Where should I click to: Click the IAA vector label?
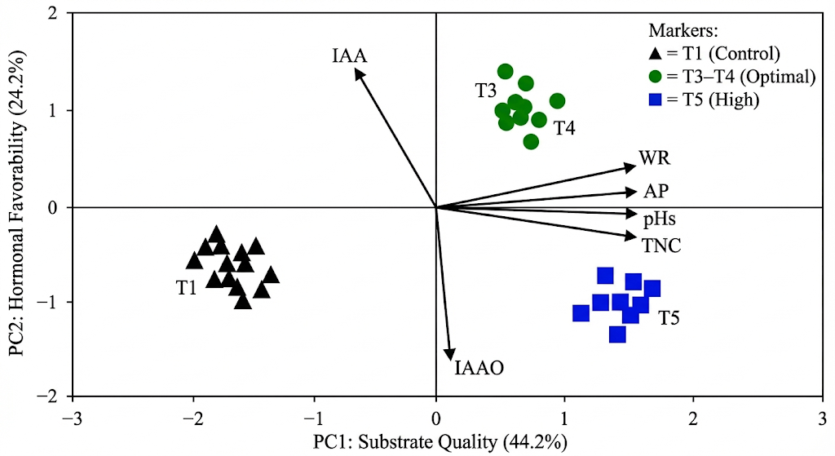pos(350,56)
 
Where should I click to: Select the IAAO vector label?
pos(479,368)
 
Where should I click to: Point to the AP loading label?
pos(656,192)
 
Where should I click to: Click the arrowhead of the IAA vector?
pos(357,72)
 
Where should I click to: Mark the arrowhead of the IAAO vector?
pos(449,356)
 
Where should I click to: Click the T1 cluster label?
pos(187,287)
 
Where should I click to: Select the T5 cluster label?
pos(669,317)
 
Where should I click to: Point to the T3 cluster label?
pos(487,90)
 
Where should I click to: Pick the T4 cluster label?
pos(564,128)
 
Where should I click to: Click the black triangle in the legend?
pos(655,55)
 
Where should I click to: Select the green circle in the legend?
pos(655,77)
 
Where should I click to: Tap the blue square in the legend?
pos(655,100)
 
